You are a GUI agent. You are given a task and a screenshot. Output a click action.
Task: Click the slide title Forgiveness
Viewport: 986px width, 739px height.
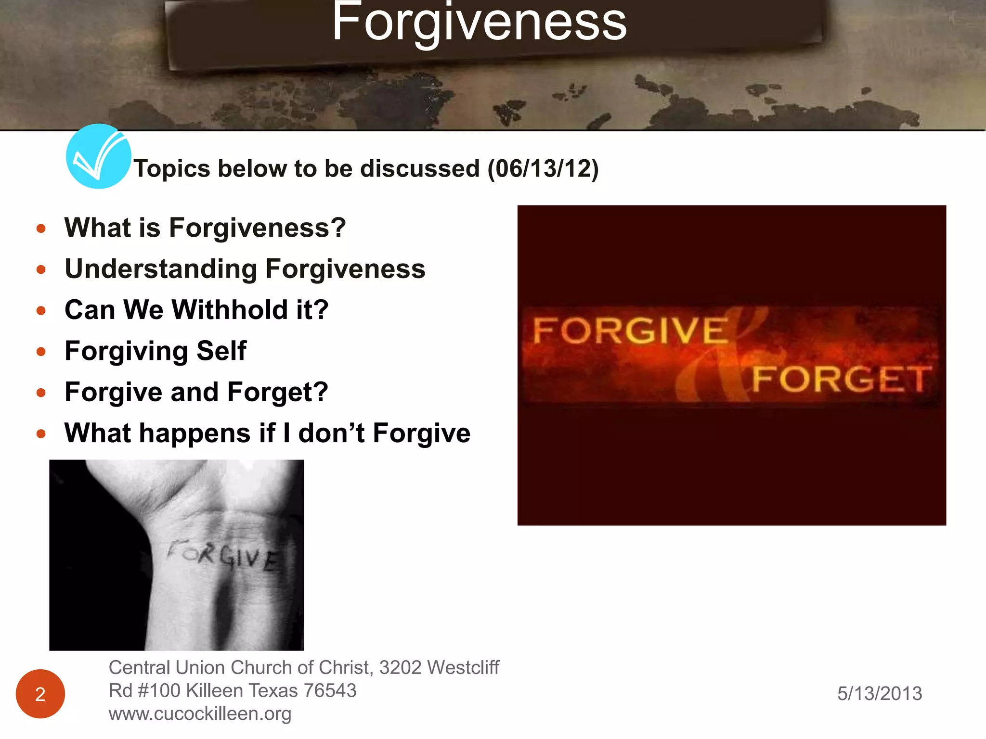[479, 23]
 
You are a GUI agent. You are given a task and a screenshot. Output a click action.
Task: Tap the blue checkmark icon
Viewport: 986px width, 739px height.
[98, 156]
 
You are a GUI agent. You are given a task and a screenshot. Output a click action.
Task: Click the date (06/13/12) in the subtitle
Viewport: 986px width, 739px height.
[543, 169]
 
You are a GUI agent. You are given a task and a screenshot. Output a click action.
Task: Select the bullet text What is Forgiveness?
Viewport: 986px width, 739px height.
[205, 228]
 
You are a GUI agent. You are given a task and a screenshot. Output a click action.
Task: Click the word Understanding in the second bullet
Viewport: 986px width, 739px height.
[161, 269]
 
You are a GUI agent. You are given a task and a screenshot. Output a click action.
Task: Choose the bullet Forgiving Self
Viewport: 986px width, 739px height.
[156, 351]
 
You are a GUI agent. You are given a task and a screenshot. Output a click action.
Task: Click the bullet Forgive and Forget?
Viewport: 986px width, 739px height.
[196, 392]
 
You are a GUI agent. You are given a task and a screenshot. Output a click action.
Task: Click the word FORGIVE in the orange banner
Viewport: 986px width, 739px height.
[630, 331]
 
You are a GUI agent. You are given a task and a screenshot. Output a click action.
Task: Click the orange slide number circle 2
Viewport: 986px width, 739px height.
[40, 694]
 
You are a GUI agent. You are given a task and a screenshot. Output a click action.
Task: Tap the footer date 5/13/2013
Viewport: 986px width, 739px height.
[880, 694]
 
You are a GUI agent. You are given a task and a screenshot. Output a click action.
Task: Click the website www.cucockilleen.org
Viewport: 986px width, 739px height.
[200, 714]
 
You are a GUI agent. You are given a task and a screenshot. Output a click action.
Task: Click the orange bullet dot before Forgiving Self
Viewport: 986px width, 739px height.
[41, 352]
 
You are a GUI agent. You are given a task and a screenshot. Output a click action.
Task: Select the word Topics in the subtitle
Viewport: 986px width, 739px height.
[172, 169]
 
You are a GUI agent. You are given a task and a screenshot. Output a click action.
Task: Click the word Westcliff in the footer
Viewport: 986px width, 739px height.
[463, 668]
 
